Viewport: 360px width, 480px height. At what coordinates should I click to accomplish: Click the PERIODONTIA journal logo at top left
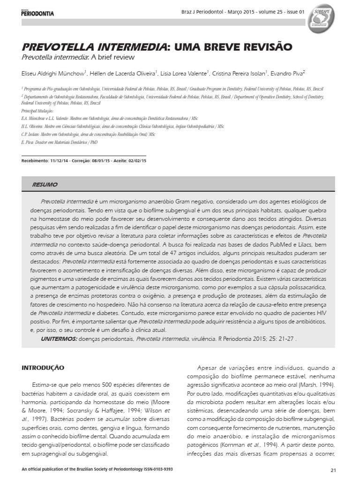pyautogui.click(x=37, y=13)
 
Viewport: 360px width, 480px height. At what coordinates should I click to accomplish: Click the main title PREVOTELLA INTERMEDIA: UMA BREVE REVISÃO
pyautogui.click(x=157, y=47)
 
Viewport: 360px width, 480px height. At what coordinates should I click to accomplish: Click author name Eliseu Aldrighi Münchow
pyautogui.click(x=53, y=74)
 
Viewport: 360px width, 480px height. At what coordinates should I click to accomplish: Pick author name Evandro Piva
pyautogui.click(x=290, y=74)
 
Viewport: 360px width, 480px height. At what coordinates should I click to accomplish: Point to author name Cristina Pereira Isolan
pyautogui.click(x=240, y=74)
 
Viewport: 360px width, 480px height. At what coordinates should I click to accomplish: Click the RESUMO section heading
pyautogui.click(x=45, y=185)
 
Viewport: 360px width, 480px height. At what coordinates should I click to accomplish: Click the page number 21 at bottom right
pyautogui.click(x=333, y=470)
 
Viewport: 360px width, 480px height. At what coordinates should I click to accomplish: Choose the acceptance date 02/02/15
pyautogui.click(x=137, y=161)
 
